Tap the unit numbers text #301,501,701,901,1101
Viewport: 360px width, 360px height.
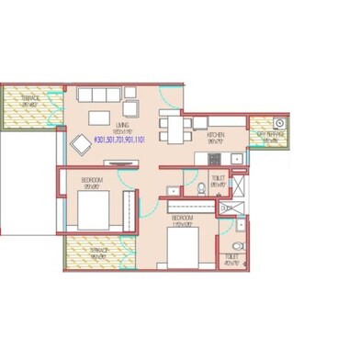[122, 140]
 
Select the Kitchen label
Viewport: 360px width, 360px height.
[217, 137]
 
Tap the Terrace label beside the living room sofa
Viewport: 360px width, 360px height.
[30, 100]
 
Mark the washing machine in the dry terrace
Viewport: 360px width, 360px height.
[280, 122]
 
